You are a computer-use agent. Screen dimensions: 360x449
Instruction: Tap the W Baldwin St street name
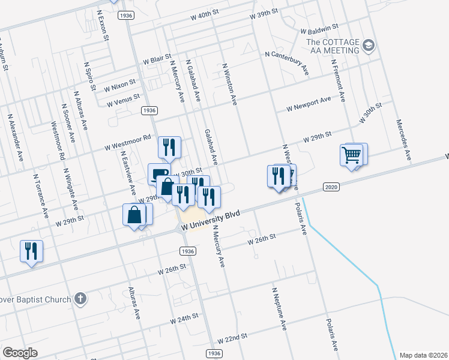pyautogui.click(x=320, y=29)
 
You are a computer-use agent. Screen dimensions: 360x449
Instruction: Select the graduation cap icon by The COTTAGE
pyautogui.click(x=369, y=45)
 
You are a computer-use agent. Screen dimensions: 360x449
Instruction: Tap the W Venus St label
pyautogui.click(x=123, y=100)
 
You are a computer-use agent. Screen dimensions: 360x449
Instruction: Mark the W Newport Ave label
pyautogui.click(x=309, y=104)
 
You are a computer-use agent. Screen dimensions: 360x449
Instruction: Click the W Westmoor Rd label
pyautogui.click(x=127, y=142)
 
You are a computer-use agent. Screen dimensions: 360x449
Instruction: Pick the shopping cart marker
pyautogui.click(x=352, y=155)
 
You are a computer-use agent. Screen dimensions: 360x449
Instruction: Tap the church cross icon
pyautogui.click(x=82, y=299)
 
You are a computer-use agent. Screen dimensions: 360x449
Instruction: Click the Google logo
pyautogui.click(x=20, y=352)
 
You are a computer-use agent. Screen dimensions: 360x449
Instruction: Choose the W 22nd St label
pyautogui.click(x=232, y=339)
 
